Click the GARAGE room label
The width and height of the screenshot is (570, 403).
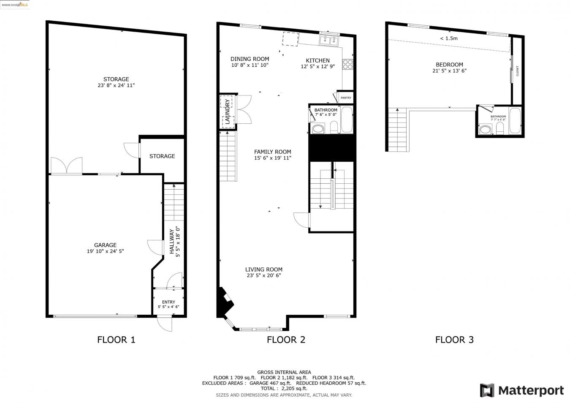[105, 245]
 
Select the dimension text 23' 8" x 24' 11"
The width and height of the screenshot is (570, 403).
[116, 85]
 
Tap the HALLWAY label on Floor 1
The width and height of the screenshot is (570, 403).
[172, 242]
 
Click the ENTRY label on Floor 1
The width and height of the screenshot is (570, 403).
[168, 302]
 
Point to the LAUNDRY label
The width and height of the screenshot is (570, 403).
[227, 112]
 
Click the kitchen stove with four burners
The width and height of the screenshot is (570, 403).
[347, 64]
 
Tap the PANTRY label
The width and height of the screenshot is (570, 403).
[346, 98]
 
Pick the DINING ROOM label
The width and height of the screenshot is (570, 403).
[250, 59]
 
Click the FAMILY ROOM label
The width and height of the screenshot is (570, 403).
[272, 152]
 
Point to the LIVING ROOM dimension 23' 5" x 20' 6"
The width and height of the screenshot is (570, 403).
[264, 275]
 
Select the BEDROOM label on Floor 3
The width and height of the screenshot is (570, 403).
[449, 65]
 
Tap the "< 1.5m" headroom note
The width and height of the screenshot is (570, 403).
[448, 38]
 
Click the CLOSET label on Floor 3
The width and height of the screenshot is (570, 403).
[517, 71]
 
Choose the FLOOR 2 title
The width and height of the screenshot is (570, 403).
[286, 340]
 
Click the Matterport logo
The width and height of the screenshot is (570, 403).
[522, 390]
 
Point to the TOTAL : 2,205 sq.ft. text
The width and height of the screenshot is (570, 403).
[284, 389]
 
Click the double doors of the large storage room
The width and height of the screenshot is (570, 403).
[66, 166]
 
